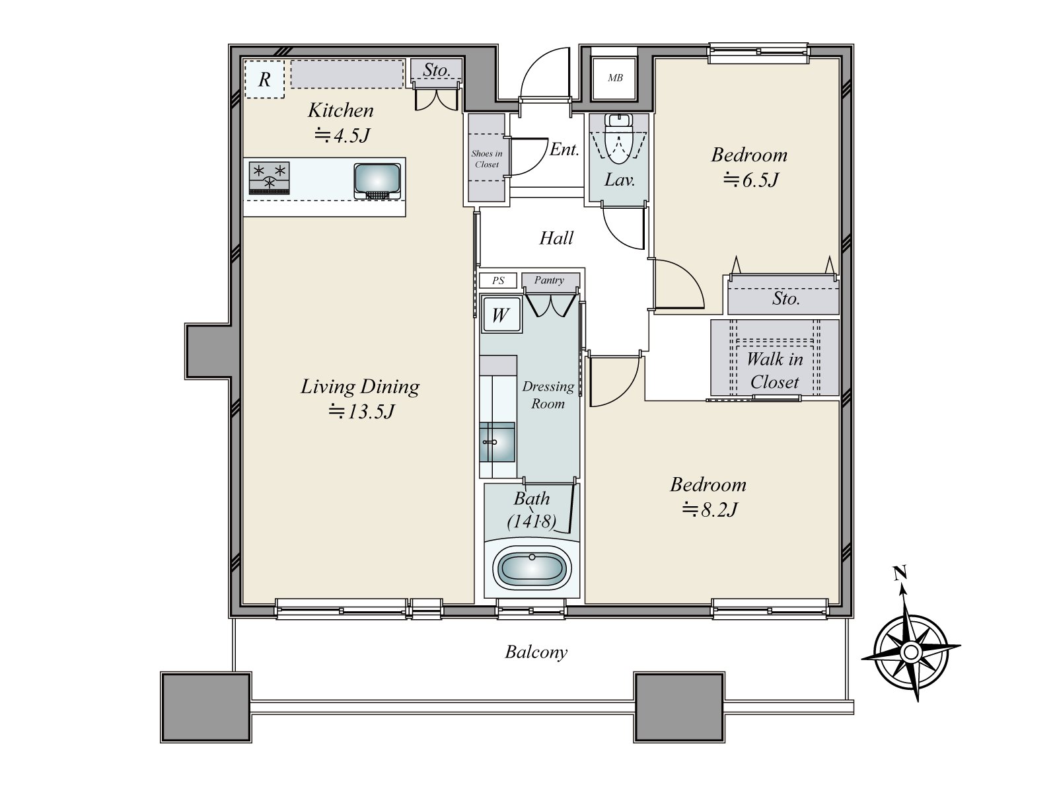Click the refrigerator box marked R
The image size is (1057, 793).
[x=264, y=79]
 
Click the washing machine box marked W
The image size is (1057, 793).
[x=500, y=315]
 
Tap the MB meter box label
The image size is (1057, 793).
[x=615, y=78]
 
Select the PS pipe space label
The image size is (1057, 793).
[x=497, y=281]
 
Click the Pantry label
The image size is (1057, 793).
[x=550, y=280]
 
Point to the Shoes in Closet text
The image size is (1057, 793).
[x=487, y=159]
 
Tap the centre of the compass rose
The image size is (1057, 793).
[x=911, y=653]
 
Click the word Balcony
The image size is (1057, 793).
[x=536, y=652]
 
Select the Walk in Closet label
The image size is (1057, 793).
[x=775, y=370]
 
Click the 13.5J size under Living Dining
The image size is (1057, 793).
[x=362, y=412]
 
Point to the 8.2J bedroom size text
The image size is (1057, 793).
[x=710, y=510]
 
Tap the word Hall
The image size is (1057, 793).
[x=556, y=238]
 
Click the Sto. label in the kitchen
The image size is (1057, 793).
[x=437, y=70]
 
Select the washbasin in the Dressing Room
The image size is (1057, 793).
[x=497, y=442]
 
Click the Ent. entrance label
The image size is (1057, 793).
[x=564, y=149]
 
